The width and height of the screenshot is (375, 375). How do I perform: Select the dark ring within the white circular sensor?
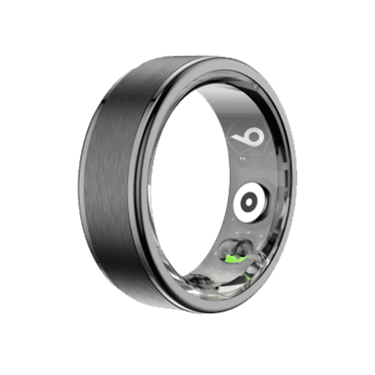coord(242,202)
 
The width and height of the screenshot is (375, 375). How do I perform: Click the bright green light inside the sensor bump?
coord(232,259)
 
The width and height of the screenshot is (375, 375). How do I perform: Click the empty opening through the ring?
coord(187,187)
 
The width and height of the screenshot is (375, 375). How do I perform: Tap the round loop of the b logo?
coord(254,137)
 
